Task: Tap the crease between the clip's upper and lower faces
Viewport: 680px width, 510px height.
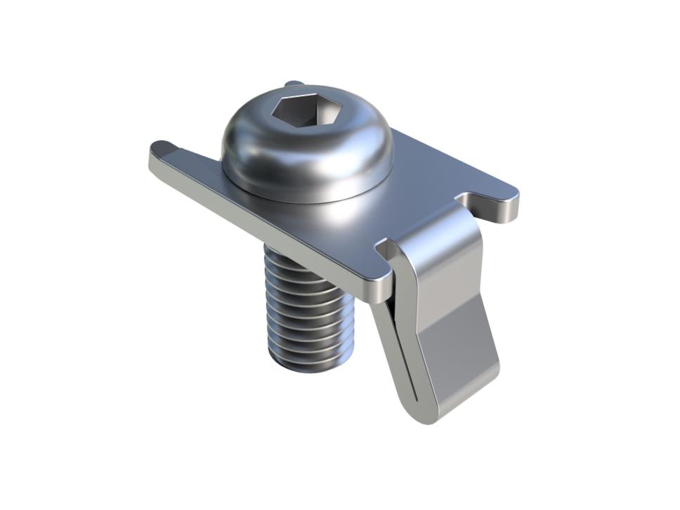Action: [x=457, y=316]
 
